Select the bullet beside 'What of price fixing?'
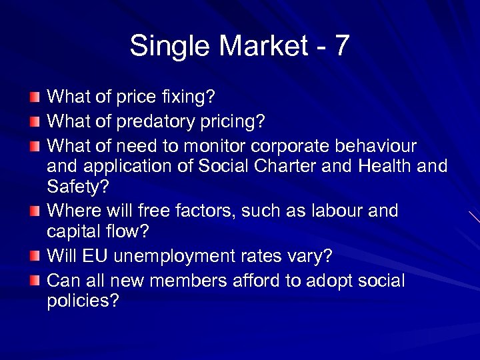tap(35, 98)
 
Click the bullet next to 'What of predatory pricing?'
tap(35, 121)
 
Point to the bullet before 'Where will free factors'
tap(35, 212)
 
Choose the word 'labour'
tap(343, 212)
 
